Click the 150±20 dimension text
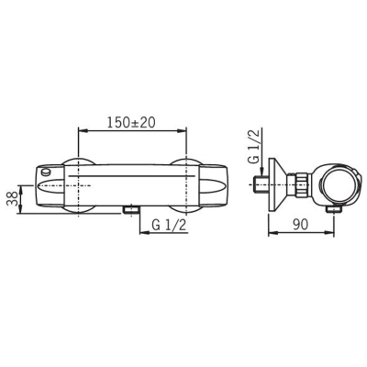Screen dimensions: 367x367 (x=131, y=122)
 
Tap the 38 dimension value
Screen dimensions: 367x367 (x=12, y=199)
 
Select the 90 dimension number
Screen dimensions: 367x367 (x=301, y=225)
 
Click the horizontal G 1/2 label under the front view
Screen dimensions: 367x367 (x=169, y=226)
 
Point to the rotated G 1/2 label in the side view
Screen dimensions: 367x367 (x=254, y=146)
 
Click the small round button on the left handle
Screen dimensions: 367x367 (x=46, y=172)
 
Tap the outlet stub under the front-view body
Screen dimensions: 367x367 (x=131, y=209)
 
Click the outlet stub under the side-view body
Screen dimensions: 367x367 (x=334, y=209)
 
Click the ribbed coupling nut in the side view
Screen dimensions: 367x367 (x=300, y=184)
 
